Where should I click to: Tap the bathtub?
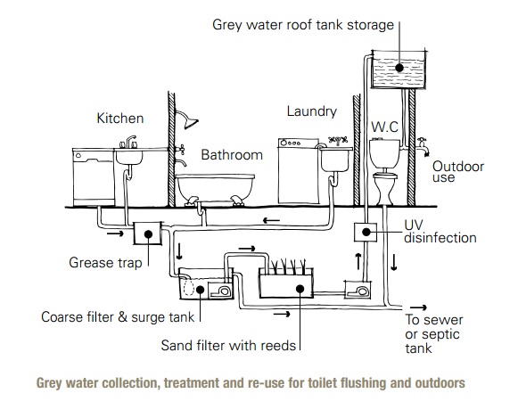coord(215,189)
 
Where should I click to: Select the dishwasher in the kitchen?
coord(94,177)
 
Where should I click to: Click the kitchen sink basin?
coord(129,157)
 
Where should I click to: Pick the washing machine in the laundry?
coord(299,171)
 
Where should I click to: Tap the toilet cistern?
coord(384,153)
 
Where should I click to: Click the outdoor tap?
coord(423,146)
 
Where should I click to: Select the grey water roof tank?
coord(399,70)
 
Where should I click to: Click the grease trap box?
coord(148,234)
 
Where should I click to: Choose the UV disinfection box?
coord(366,232)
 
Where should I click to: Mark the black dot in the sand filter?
coord(300,289)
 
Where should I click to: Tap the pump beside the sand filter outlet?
coord(358,290)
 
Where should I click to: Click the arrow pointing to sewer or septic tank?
coord(418,307)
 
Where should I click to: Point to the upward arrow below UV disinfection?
coord(358,261)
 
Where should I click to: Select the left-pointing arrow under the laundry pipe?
coord(271,220)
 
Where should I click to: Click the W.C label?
coord(384,127)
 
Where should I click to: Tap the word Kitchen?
coord(120,119)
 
